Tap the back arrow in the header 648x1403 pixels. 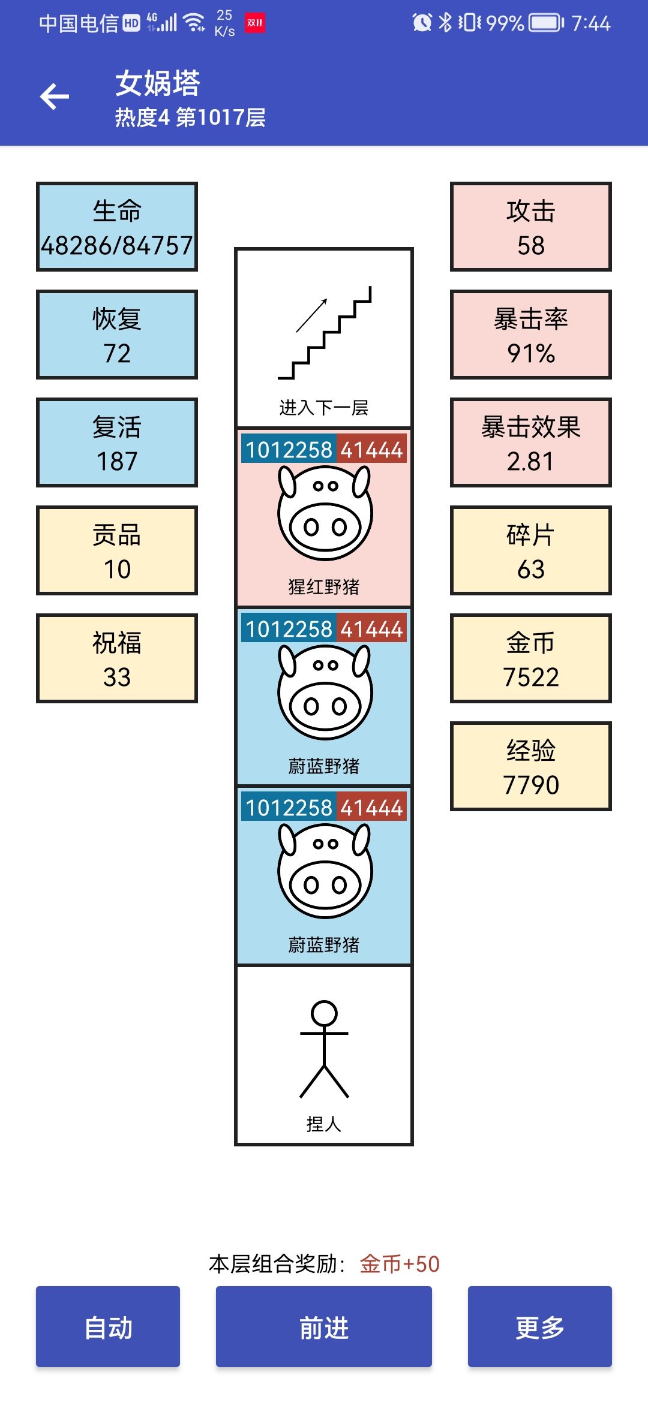click(x=55, y=97)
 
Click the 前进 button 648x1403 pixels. click(x=324, y=1326)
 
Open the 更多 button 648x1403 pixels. click(x=540, y=1326)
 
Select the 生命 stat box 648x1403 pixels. click(x=117, y=227)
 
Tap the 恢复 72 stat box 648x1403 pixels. click(x=117, y=335)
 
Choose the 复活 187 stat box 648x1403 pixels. click(x=117, y=442)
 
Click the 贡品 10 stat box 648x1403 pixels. click(x=117, y=550)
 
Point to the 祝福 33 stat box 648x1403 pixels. click(x=117, y=658)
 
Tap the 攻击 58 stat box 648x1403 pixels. click(x=531, y=227)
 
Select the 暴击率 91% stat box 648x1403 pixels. click(x=531, y=335)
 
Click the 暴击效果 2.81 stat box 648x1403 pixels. click(x=531, y=442)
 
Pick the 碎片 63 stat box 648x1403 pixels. click(x=531, y=550)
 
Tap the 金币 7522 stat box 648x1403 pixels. click(x=531, y=658)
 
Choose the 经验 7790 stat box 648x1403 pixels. click(x=531, y=766)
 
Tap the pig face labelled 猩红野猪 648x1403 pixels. click(x=325, y=513)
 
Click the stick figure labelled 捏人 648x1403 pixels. click(x=324, y=1049)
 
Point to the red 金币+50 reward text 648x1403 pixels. click(x=400, y=1264)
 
